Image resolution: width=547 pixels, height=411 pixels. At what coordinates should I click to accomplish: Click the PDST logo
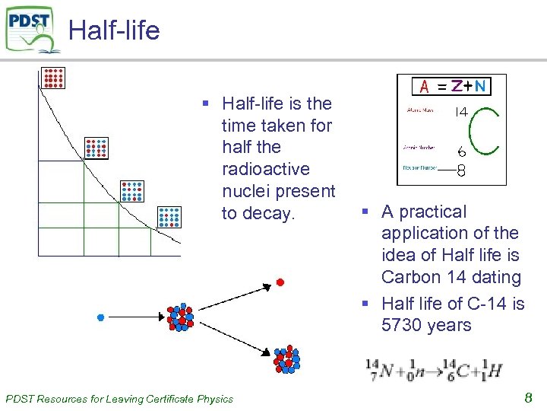tap(33, 30)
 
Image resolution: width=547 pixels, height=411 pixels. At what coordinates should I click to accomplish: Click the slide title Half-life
tap(114, 30)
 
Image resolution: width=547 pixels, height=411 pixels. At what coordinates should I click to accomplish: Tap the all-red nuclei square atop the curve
tap(54, 77)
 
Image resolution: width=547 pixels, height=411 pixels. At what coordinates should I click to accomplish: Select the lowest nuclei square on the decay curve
tap(169, 217)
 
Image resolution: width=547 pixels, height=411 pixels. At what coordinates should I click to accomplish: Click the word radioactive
tap(263, 168)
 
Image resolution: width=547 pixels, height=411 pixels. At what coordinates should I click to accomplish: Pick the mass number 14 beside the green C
tap(460, 112)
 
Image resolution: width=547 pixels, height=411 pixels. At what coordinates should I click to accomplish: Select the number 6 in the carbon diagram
tap(461, 153)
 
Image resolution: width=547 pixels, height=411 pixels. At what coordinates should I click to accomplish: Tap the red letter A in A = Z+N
tap(425, 87)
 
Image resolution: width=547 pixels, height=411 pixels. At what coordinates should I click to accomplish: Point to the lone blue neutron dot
tap(100, 317)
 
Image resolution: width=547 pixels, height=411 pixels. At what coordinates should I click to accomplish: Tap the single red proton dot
tap(280, 282)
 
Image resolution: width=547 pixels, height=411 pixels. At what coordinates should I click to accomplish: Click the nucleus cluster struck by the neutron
tap(180, 317)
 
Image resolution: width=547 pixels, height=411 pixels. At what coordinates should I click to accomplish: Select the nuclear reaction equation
tap(434, 369)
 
